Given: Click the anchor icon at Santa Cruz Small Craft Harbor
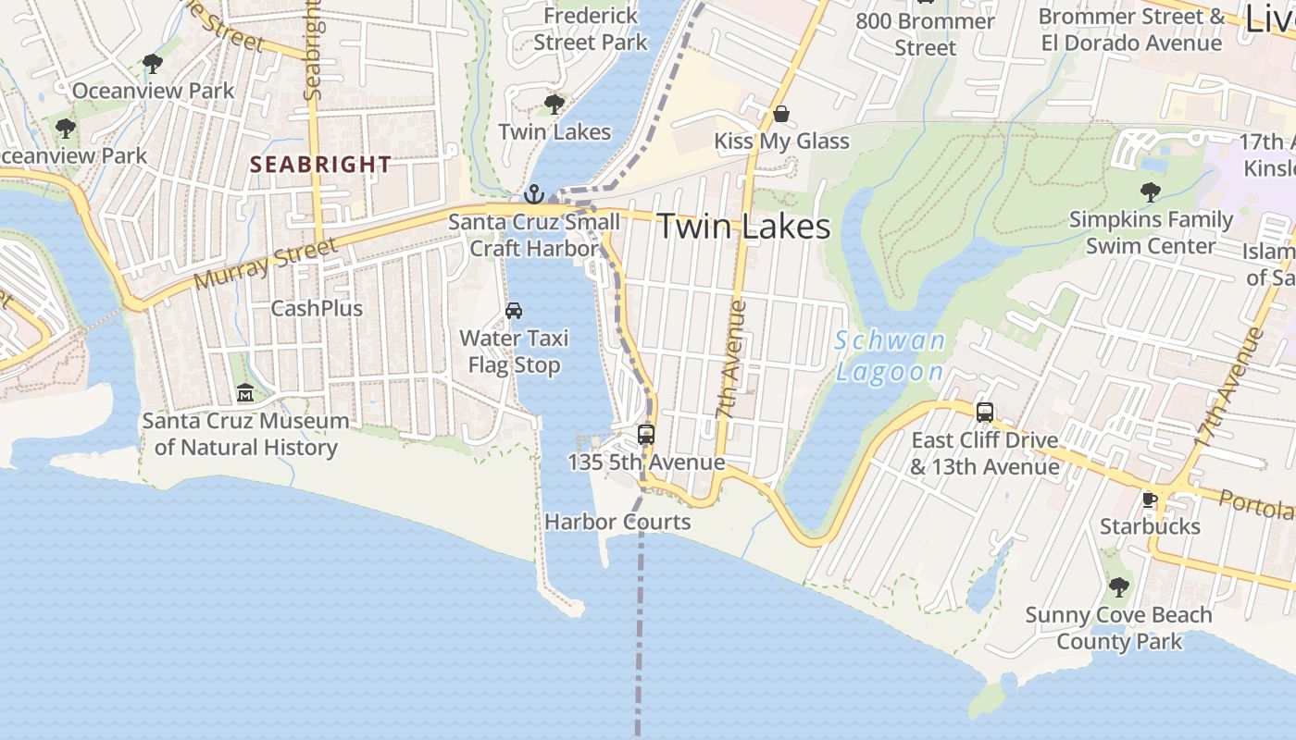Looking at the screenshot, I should [533, 194].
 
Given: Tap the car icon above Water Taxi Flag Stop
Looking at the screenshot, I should [514, 311].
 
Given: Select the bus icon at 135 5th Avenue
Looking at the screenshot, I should [646, 434].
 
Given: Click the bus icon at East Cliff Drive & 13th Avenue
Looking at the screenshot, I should [985, 413].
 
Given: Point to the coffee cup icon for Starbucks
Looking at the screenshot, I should [1150, 500].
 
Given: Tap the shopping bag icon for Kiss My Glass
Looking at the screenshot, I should [781, 114].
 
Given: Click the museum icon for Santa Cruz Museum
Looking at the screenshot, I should [245, 394].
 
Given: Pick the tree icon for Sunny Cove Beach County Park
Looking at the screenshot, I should [1118, 586].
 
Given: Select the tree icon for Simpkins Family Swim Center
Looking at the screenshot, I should [1151, 192].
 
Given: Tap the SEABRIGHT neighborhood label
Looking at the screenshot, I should [321, 165].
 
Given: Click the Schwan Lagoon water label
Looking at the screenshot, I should [890, 356].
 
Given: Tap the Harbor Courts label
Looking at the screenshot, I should [617, 522].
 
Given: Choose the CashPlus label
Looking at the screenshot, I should [317, 308].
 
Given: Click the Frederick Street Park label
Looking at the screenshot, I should [591, 30].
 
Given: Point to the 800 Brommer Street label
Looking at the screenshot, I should [925, 34].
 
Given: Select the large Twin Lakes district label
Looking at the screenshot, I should [743, 227].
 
